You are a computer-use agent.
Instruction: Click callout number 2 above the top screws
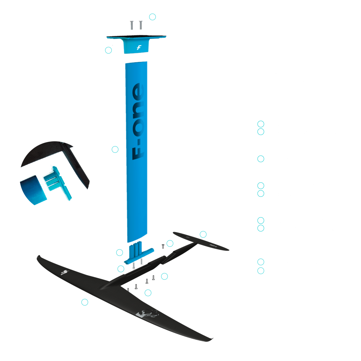pyautogui.click(x=152, y=17)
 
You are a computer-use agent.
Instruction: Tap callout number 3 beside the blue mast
pyautogui.click(x=115, y=149)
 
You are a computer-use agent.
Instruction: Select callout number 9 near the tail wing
pyautogui.click(x=203, y=234)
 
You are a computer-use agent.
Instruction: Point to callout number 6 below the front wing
pyautogui.click(x=85, y=302)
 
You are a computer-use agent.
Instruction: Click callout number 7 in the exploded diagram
pyautogui.click(x=148, y=293)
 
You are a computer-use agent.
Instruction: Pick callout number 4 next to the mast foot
pyautogui.click(x=120, y=252)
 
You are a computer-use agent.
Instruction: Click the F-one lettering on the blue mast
pyautogui.click(x=138, y=121)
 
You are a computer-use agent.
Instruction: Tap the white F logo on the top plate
pyautogui.click(x=139, y=47)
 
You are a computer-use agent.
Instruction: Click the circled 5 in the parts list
pyautogui.click(x=261, y=194)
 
